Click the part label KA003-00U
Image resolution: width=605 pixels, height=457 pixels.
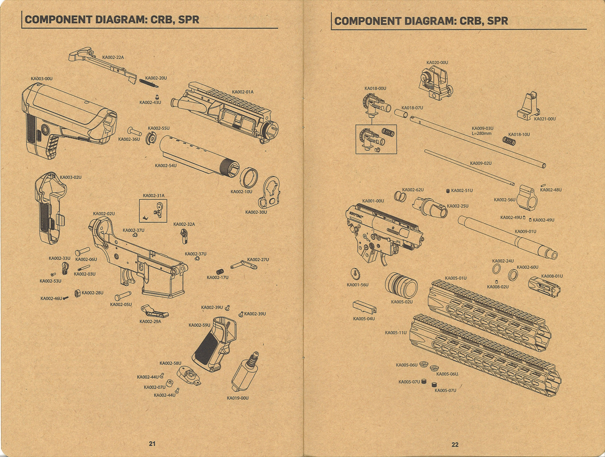tap(41, 79)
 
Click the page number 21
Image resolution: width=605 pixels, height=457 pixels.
tap(152, 444)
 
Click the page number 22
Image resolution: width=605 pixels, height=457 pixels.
tap(455, 445)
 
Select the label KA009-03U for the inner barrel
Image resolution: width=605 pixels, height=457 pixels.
tap(482, 128)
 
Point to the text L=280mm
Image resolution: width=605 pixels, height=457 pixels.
tap(482, 133)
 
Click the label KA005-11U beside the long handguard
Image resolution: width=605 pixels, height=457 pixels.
tap(396, 333)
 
